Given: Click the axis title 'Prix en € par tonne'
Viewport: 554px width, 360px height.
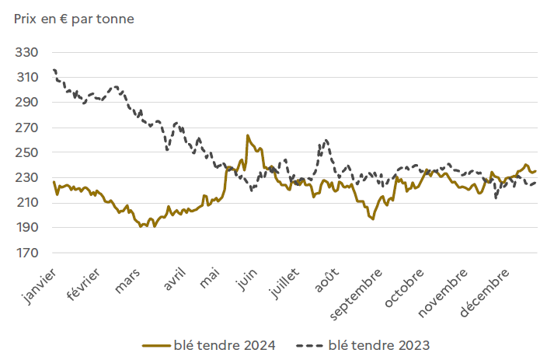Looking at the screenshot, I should coord(74,19).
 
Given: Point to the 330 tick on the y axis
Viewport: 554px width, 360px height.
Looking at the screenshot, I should coord(27,53).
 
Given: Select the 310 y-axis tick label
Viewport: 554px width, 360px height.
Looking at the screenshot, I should coord(27,78).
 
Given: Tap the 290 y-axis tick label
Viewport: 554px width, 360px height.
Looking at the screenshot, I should coord(27,103).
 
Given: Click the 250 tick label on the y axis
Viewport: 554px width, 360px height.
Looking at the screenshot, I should coord(27,153).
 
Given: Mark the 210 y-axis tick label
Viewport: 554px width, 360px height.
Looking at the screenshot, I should coord(27,203).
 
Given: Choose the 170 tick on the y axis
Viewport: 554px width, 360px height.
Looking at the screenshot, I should coord(27,253).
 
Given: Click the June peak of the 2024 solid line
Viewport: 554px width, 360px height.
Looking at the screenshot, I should coord(247,135).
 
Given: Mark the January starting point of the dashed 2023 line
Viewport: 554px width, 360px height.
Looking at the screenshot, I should coord(54,70).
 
